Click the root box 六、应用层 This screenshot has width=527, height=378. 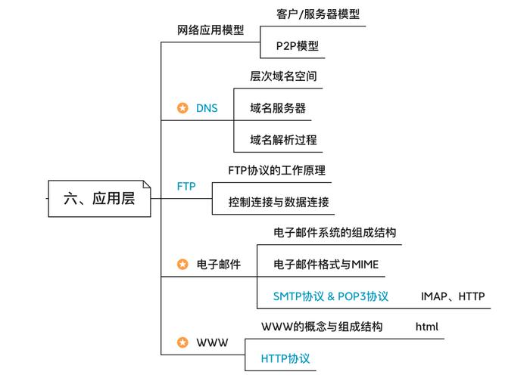point(99,199)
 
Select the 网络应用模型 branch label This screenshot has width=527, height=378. point(210,31)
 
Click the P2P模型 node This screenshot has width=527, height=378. point(292,45)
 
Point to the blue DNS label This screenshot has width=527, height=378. point(207,108)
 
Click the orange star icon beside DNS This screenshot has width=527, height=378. point(182,108)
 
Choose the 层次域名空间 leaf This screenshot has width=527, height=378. point(283,76)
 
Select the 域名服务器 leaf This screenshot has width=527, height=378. point(278,108)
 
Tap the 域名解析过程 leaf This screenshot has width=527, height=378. point(283,140)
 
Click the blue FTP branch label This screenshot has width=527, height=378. point(186,186)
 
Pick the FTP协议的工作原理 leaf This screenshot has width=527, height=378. point(276,171)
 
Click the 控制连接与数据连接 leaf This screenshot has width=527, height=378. point(278,202)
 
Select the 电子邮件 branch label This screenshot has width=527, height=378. point(219,265)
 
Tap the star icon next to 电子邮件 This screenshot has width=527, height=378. point(182,265)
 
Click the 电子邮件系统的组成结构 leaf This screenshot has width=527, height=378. point(335,233)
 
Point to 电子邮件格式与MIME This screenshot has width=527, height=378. point(326,265)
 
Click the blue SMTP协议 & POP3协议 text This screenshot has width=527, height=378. point(331,296)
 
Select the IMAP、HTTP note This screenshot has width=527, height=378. point(453,296)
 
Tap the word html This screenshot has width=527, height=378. point(427,327)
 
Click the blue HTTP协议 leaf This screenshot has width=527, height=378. point(285,358)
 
